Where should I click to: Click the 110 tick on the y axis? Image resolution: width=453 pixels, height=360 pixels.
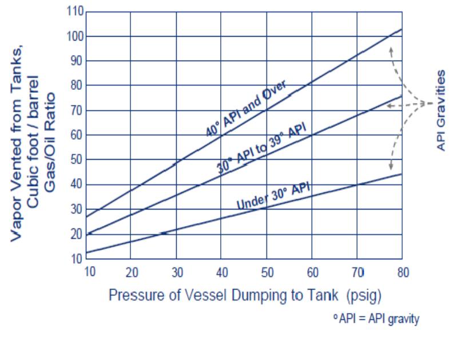click(x=76, y=11)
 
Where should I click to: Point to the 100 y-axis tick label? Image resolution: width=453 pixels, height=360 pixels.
click(x=76, y=36)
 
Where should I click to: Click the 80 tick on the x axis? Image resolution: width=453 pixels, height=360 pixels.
click(x=403, y=271)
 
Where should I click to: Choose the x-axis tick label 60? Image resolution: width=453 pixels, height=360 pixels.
click(x=313, y=271)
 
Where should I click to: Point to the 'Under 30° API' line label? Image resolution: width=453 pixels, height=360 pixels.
click(x=269, y=195)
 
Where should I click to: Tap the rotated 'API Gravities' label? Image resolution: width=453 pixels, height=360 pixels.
click(x=440, y=110)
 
